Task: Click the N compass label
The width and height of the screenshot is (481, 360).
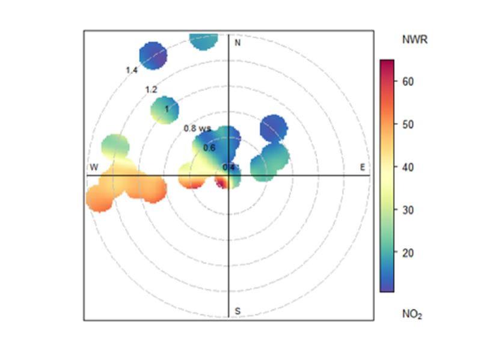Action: (237, 43)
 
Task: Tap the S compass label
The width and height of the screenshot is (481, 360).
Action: (237, 311)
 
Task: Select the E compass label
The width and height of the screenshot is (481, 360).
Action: (363, 166)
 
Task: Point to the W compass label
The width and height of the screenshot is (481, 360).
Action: (94, 166)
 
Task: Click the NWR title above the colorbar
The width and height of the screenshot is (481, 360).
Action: (415, 40)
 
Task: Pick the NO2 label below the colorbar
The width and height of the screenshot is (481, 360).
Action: (412, 314)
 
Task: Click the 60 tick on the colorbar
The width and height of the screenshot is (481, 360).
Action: (408, 81)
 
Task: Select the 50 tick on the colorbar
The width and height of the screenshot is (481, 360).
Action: (408, 124)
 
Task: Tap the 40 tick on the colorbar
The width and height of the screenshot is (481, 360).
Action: (408, 167)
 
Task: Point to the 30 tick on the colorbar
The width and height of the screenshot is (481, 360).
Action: (408, 210)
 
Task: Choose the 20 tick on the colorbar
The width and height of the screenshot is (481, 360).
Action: (408, 252)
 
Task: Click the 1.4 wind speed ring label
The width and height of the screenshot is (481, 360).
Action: (132, 70)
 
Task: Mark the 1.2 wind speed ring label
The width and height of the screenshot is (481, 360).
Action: (151, 90)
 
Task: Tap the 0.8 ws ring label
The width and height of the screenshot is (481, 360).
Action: (197, 128)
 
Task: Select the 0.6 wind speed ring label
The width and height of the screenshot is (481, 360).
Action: (209, 147)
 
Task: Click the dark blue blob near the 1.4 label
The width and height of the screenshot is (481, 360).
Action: (153, 55)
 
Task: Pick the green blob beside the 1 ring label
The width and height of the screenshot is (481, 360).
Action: (164, 110)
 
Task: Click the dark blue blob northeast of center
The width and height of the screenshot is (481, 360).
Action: (274, 129)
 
